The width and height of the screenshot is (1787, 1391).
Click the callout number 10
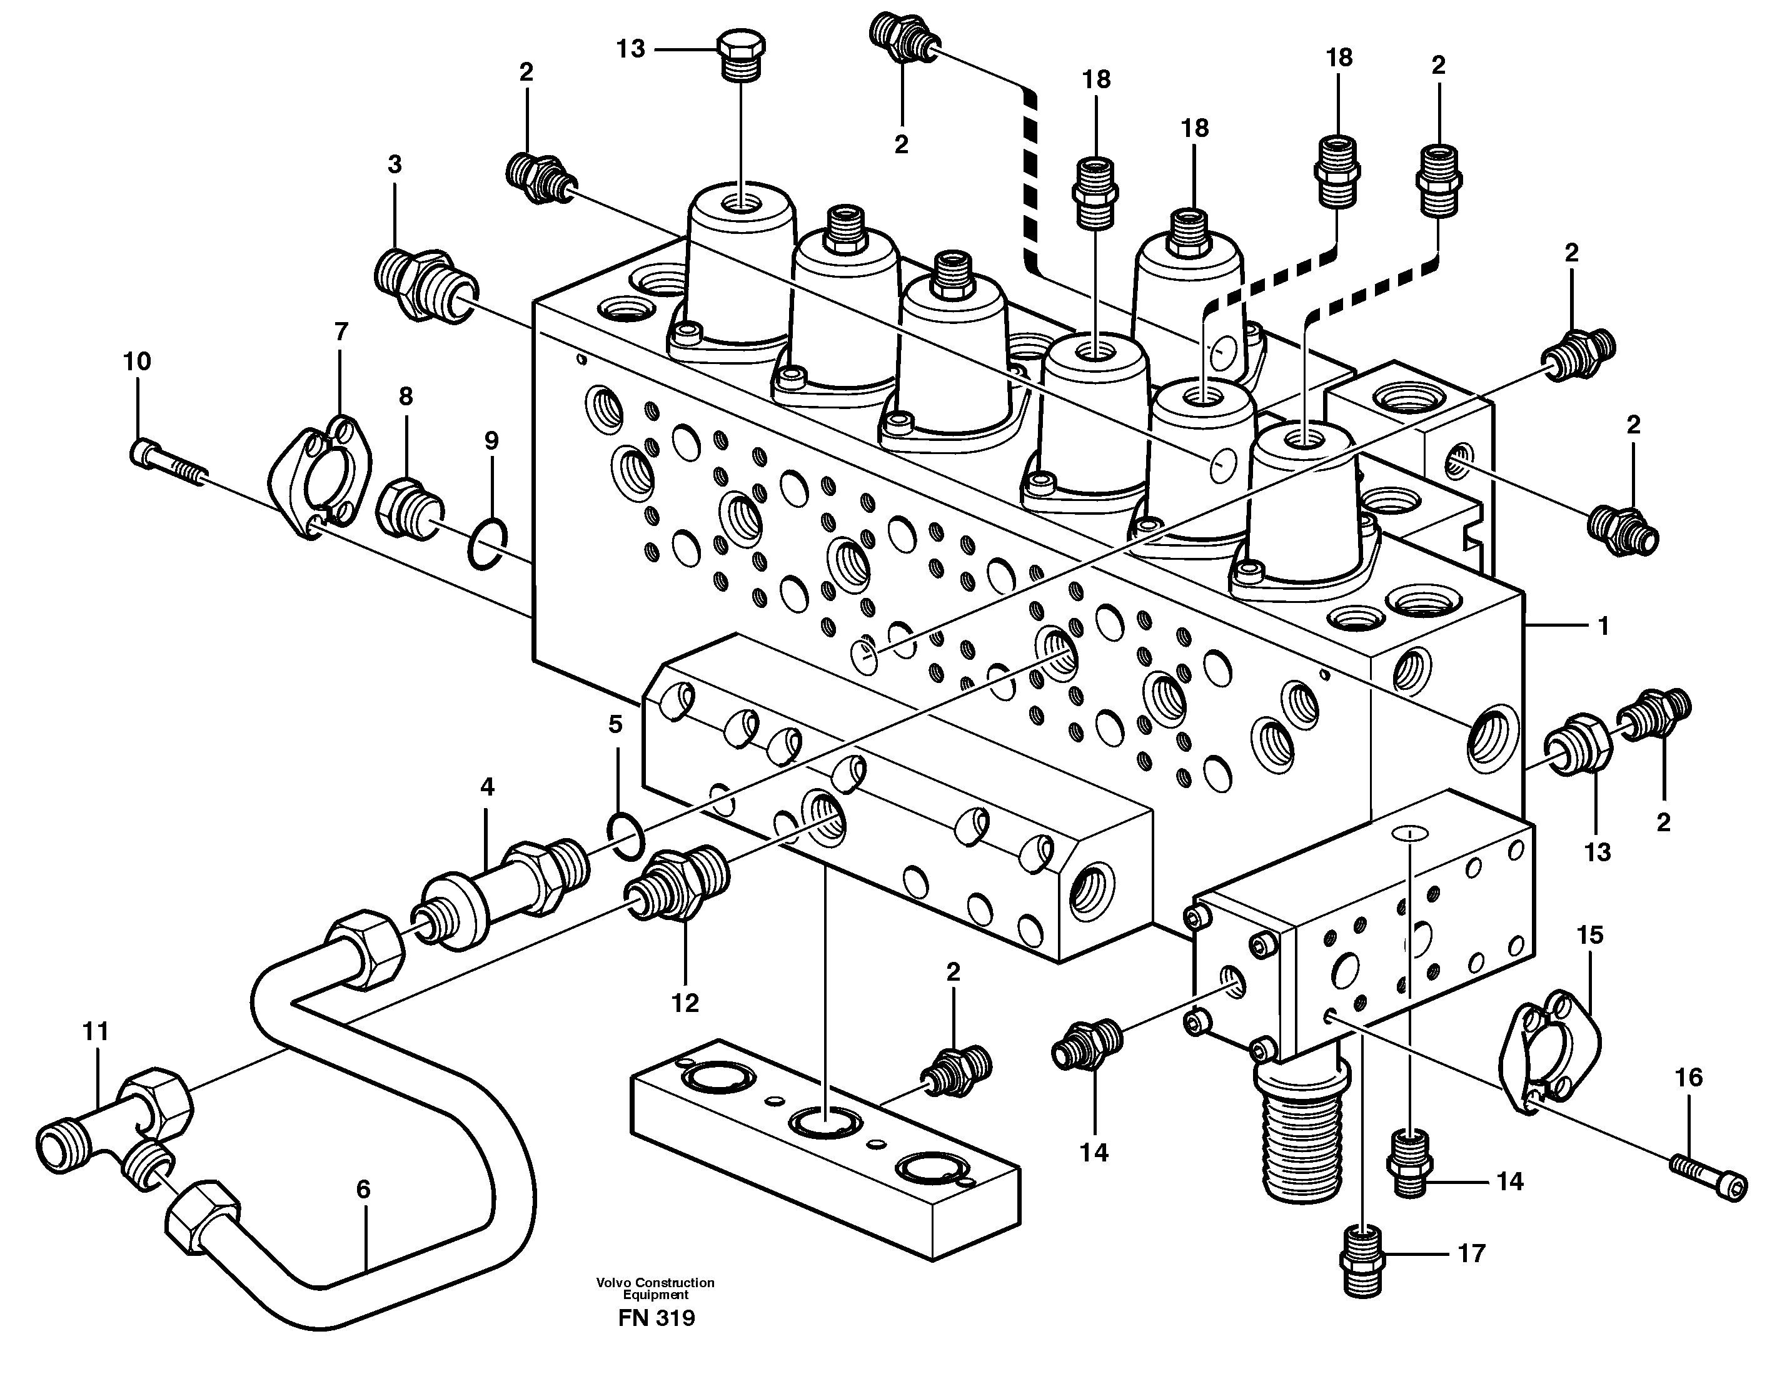138,361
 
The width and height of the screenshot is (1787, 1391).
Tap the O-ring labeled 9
488,544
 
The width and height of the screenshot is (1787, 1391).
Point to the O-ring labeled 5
626,836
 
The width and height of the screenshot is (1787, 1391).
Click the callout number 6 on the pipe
363,1189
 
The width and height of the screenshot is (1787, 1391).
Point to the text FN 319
657,1318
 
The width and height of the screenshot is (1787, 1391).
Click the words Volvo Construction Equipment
655,1288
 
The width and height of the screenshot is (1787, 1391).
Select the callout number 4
487,787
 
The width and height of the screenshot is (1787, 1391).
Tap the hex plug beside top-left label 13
742,55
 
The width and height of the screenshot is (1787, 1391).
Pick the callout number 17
1471,1253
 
